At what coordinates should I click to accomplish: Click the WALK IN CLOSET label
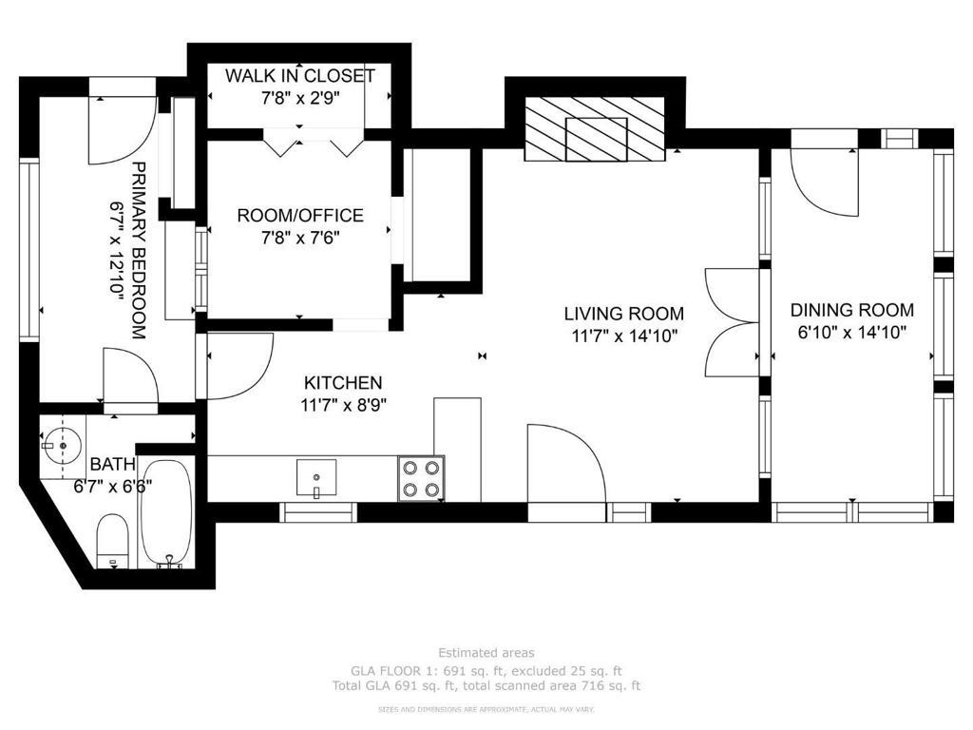click(x=299, y=76)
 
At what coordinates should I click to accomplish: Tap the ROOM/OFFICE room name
click(x=300, y=216)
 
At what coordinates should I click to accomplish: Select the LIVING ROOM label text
click(x=624, y=314)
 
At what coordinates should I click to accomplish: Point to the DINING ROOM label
click(x=852, y=310)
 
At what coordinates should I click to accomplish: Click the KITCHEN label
click(x=343, y=382)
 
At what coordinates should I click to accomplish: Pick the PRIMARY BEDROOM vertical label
click(x=139, y=251)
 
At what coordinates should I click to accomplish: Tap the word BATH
click(x=113, y=464)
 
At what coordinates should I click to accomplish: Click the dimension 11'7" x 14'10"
click(x=624, y=336)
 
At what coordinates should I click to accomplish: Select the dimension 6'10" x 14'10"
click(x=852, y=333)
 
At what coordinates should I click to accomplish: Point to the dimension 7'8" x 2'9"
click(x=300, y=98)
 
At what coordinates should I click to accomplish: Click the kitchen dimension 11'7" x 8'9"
click(x=343, y=405)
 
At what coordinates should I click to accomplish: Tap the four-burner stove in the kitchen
click(x=421, y=478)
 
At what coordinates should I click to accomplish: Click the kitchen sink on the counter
click(x=316, y=479)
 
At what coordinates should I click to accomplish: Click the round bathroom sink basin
click(x=62, y=445)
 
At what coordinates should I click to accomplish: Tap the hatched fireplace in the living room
click(x=596, y=129)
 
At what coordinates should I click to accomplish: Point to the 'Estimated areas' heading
click(x=486, y=652)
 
